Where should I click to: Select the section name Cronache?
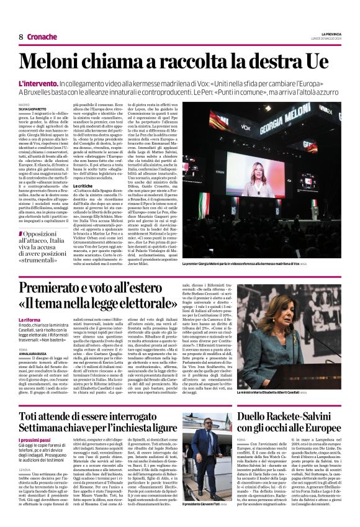tap(42, 37)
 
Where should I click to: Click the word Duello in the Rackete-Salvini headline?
tap(256, 415)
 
